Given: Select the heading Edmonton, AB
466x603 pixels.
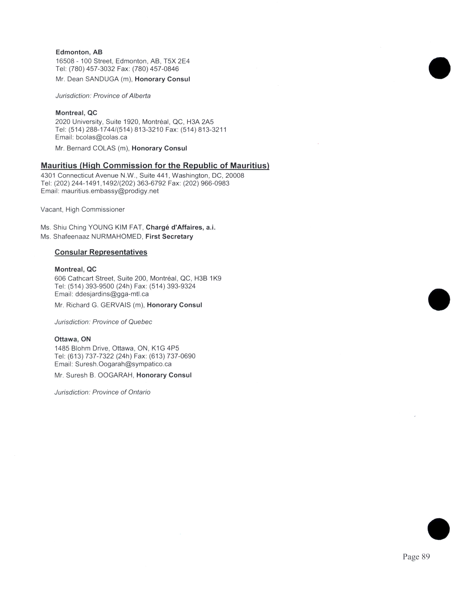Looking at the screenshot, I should point(79,52).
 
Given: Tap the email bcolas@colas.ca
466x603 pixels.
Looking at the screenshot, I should point(101,137).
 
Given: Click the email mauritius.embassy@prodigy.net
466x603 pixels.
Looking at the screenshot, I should point(110,191).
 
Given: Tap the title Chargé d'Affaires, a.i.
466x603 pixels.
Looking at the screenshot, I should point(181,227).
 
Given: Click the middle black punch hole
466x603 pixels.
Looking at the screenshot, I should point(439,299).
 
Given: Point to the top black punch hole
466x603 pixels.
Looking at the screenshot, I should point(440,68).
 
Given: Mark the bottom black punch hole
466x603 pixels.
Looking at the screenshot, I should point(438,529).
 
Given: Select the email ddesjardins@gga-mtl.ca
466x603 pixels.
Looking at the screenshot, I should point(112,294).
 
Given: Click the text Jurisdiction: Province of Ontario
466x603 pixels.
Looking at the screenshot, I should point(102,392).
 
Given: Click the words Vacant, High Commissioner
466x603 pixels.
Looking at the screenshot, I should point(83,210).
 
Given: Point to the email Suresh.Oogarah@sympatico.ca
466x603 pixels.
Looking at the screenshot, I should point(123,364).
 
